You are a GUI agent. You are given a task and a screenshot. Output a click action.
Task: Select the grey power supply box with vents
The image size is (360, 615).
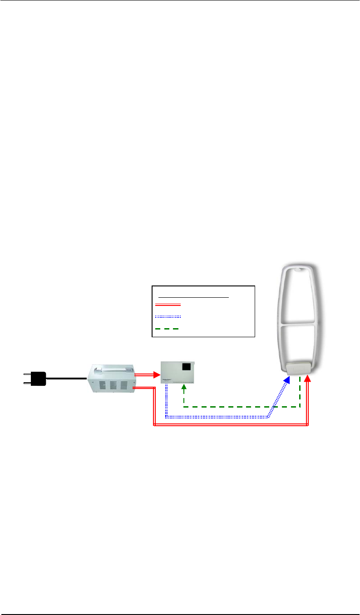pos(112,378)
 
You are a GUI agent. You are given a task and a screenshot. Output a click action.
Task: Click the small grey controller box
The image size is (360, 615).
pos(178,372)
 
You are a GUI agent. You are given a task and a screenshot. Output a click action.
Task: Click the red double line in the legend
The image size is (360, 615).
pos(168,304)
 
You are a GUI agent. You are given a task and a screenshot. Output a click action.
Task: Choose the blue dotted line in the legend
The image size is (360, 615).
pos(168,316)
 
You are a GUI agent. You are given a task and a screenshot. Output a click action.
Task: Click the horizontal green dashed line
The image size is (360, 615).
pos(241,407)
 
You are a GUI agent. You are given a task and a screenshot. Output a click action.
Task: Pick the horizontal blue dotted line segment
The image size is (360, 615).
pos(218,416)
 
